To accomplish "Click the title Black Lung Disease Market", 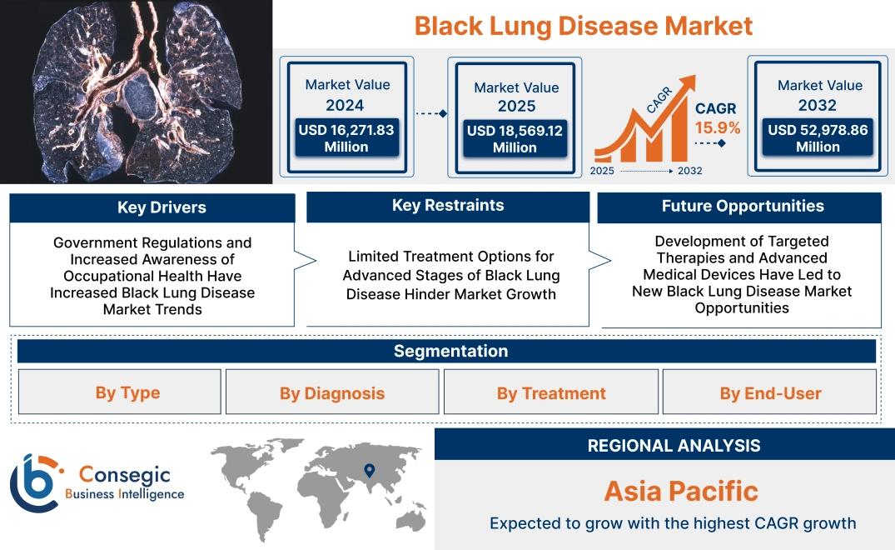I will tap(583, 26).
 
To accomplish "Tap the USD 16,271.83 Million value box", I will tap(346, 137).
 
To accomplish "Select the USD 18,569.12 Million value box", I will tap(515, 138).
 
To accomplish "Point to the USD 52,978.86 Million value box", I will tap(818, 137).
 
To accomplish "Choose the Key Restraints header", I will tap(448, 206).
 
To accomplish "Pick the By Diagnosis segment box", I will tap(332, 392).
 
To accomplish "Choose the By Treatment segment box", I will tap(551, 392).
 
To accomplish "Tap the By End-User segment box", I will tap(770, 392).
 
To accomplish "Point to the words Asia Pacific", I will tap(681, 491).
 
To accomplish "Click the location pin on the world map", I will tap(368, 471).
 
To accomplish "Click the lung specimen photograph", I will tap(137, 92).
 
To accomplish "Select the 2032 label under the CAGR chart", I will tap(690, 171).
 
